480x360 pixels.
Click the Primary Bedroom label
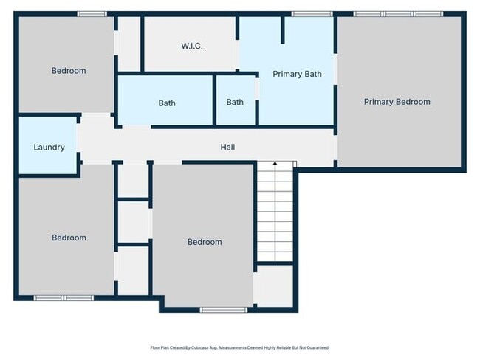click(x=397, y=102)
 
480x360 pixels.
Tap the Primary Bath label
click(x=297, y=74)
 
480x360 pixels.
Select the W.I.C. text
click(x=191, y=46)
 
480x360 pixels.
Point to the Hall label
click(x=227, y=148)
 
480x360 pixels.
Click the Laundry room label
click(x=49, y=147)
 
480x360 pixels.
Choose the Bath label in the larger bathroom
click(x=167, y=103)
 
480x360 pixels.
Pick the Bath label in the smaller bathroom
click(x=235, y=102)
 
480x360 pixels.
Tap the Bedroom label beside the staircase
click(x=204, y=242)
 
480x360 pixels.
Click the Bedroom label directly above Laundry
click(x=68, y=71)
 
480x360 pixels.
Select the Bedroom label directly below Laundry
click(x=68, y=238)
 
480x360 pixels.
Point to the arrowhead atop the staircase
click(x=275, y=162)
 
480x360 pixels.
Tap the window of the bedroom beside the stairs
click(x=204, y=310)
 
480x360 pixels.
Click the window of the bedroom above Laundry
click(x=92, y=14)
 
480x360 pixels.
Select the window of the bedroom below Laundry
click(x=64, y=298)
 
